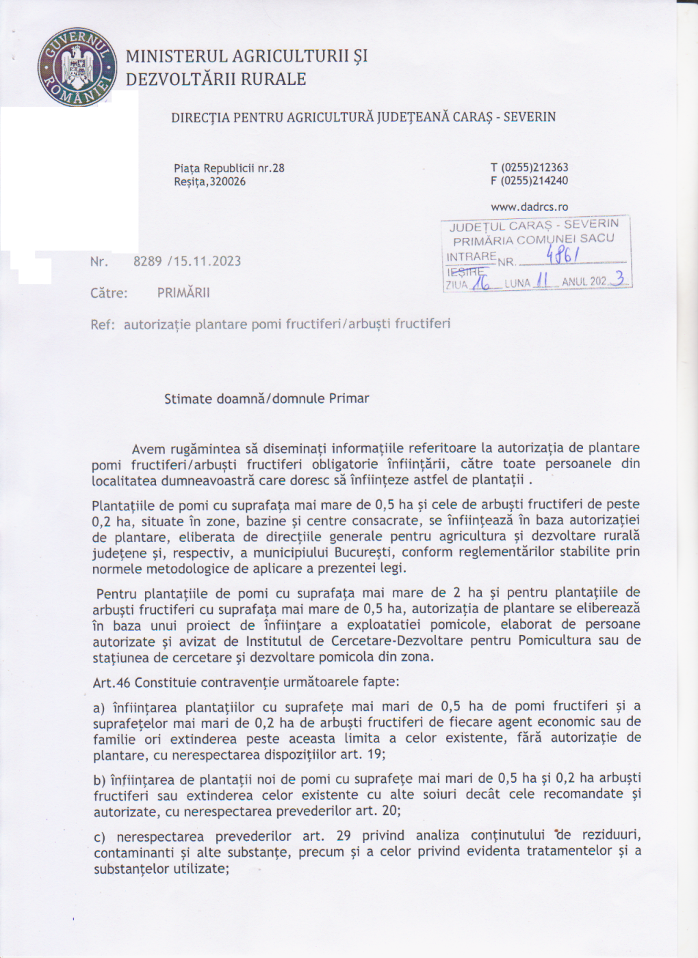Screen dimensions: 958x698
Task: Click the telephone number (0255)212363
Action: pyautogui.click(x=534, y=168)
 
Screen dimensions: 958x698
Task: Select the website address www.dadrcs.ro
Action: pyautogui.click(x=529, y=207)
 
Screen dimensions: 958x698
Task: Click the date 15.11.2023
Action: pyautogui.click(x=207, y=261)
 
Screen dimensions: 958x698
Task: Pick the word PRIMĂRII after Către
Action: pyautogui.click(x=183, y=293)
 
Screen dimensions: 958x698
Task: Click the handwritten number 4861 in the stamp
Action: pyautogui.click(x=563, y=256)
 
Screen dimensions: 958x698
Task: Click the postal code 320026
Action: pyautogui.click(x=228, y=182)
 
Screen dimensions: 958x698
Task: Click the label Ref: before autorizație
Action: pyautogui.click(x=102, y=325)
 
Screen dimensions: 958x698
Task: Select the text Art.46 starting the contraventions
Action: pyautogui.click(x=112, y=683)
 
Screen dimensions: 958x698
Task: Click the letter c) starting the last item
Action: pyautogui.click(x=99, y=837)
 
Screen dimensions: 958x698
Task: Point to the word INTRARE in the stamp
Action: pyautogui.click(x=471, y=257)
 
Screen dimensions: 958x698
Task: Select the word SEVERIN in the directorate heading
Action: pyautogui.click(x=529, y=117)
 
